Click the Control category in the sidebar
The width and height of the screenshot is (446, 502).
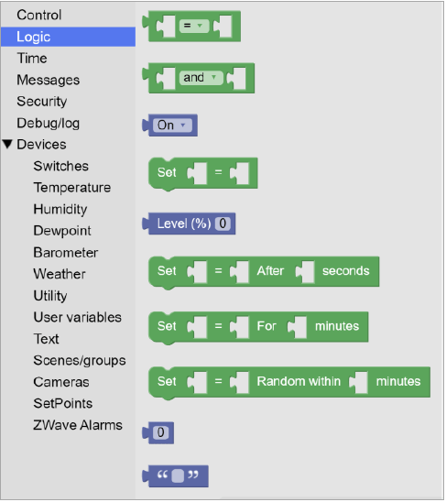coord(39,15)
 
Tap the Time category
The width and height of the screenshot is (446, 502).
coord(32,59)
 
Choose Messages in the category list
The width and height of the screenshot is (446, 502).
coord(48,80)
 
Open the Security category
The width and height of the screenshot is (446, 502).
coord(42,102)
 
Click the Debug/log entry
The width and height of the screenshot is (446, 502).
coord(48,124)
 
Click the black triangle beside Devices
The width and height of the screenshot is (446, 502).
coord(7,144)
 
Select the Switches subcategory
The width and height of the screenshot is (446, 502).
coord(60,166)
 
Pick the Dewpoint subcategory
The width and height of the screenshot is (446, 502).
coord(62,231)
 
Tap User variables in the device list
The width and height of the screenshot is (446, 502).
coord(78,317)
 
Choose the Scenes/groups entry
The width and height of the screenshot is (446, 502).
coord(80,361)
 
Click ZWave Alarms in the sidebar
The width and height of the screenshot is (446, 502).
coord(78,425)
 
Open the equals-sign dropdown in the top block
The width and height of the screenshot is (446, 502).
coord(194,26)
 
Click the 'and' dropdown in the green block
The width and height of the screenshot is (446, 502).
coord(201,78)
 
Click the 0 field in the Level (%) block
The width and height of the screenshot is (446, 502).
coord(223,224)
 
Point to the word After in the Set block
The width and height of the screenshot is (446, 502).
coord(270,271)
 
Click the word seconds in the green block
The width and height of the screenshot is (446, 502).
coord(346,271)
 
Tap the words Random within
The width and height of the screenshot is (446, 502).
coord(299,381)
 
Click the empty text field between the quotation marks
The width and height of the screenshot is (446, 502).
coord(178,475)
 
